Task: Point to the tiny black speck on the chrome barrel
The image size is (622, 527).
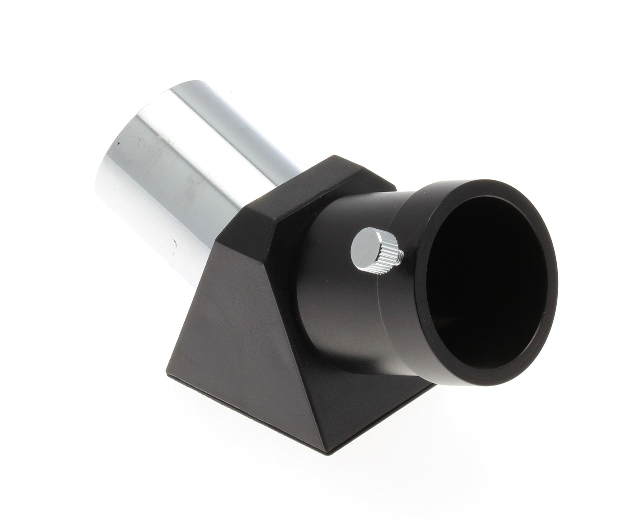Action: (x=118, y=144)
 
